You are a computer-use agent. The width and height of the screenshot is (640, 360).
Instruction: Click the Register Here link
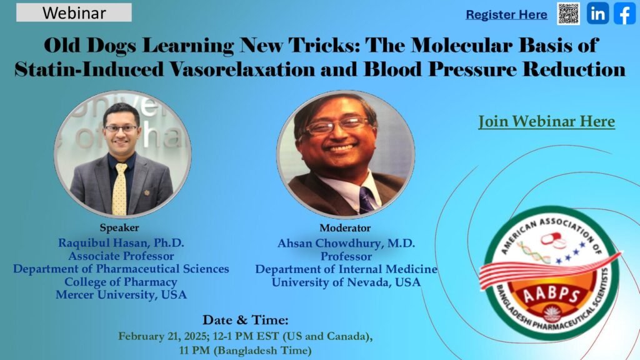point(506,15)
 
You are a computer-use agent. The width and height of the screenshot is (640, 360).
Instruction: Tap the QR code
point(568,14)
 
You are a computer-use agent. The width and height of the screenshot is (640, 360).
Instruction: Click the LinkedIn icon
point(598,14)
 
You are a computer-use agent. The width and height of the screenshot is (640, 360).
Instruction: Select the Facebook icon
point(624,14)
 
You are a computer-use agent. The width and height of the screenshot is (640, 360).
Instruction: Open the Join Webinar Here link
point(546,121)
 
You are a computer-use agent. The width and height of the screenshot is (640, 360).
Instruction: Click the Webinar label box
point(74,12)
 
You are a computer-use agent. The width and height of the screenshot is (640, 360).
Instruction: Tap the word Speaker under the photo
point(119,227)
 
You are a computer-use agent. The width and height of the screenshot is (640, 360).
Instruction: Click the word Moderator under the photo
point(345,227)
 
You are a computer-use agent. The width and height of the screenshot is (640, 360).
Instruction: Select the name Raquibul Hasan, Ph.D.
point(121,243)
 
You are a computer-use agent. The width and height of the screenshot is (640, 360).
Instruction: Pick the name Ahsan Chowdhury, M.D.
point(346,243)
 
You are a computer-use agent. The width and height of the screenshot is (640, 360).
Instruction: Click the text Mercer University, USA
point(121,295)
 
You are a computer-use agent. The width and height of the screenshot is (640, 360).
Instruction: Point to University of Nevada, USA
point(346,282)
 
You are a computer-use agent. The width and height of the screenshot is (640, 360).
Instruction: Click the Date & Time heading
point(245,319)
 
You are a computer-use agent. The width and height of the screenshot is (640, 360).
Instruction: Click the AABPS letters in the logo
point(551,294)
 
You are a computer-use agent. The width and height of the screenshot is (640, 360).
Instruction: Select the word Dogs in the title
point(111,46)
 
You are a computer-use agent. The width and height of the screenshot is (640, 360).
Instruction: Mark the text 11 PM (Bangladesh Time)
point(245,350)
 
